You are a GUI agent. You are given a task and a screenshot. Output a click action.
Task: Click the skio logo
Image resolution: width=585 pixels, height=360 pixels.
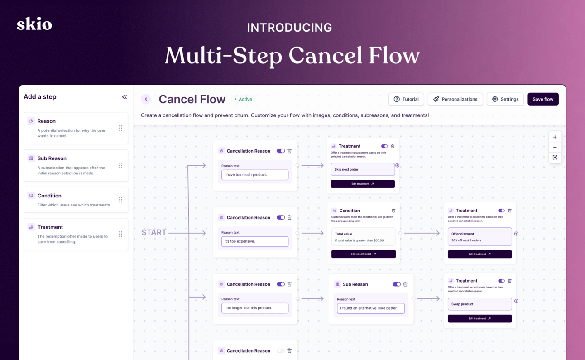(34, 24)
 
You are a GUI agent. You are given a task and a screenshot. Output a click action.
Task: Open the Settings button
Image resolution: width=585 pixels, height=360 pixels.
(505, 99)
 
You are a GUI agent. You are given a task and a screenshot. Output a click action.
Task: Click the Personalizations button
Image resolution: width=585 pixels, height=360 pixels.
(455, 99)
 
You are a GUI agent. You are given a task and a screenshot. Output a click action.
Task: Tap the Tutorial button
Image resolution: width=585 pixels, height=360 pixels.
(406, 99)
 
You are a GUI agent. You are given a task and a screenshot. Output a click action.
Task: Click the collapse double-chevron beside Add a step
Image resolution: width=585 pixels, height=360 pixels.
(125, 97)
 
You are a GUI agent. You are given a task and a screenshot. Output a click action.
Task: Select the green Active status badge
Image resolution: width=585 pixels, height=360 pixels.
(243, 99)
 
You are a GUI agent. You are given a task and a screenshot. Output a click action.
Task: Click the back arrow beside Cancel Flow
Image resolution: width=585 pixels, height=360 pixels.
(146, 99)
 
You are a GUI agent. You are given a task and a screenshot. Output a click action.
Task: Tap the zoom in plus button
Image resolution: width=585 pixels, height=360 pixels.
(555, 137)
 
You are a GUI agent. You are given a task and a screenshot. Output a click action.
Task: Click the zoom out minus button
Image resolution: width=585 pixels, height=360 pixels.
(555, 147)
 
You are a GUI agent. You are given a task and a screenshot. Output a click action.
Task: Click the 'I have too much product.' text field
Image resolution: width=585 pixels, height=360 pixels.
(255, 175)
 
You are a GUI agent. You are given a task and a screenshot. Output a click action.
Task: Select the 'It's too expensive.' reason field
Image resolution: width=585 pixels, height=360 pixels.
(255, 241)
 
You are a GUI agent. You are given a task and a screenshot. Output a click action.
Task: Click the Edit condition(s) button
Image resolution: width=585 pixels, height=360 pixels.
(363, 254)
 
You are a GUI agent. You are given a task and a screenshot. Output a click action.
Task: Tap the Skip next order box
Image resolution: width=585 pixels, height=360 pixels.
(363, 169)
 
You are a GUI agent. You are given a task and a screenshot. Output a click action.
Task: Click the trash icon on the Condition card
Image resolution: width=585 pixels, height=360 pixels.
(393, 211)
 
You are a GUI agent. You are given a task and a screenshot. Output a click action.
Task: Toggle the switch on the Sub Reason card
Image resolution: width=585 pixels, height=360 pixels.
(397, 284)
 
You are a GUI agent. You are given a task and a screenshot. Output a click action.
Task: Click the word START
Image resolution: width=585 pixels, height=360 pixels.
(154, 232)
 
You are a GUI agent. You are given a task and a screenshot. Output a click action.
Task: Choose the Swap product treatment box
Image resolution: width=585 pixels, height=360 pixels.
(480, 304)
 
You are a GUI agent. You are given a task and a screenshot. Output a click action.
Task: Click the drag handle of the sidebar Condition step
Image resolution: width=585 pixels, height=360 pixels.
(120, 200)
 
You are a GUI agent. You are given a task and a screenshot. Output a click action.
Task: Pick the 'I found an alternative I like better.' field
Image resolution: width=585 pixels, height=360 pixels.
(371, 308)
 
